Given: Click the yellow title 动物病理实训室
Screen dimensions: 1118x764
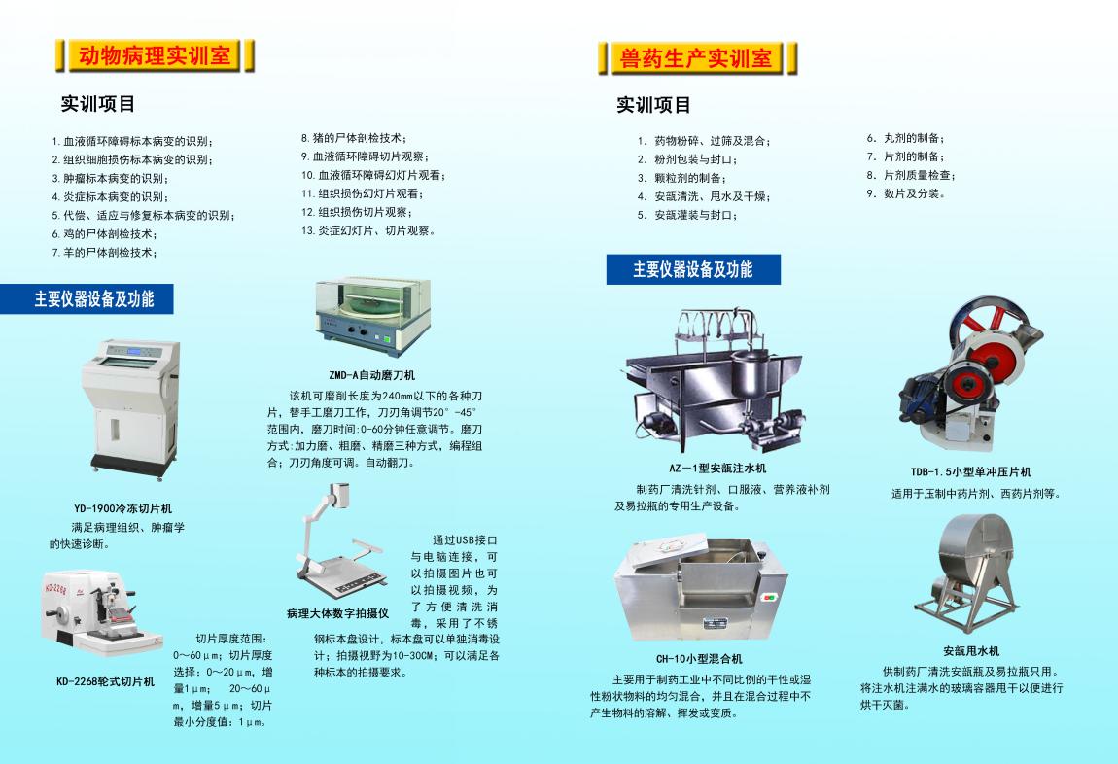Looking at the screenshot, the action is tap(155, 55).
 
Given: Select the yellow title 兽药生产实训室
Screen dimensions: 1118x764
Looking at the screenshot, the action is tap(697, 58).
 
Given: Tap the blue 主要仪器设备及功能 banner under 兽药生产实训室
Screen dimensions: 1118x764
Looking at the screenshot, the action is tap(693, 269).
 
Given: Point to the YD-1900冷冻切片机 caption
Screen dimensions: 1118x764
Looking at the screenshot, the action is tap(122, 509).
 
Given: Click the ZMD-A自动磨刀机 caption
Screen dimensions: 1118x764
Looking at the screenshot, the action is tap(371, 375).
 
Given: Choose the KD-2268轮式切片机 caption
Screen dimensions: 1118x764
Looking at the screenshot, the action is tap(106, 682).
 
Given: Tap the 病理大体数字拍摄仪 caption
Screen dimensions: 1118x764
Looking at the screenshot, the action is tap(338, 613).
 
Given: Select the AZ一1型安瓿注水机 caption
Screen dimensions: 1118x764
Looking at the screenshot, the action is tap(717, 469).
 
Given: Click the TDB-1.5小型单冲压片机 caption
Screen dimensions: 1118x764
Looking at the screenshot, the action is tap(970, 471).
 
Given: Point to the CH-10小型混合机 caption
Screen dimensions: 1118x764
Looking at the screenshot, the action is tap(699, 659).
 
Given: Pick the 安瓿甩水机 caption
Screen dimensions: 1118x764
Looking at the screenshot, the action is tap(971, 651).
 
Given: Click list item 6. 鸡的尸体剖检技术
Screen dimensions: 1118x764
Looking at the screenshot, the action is tap(104, 233).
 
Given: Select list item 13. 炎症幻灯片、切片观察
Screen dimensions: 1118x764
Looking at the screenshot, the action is tap(367, 231).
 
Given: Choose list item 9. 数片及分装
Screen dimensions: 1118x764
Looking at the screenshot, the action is tap(906, 193).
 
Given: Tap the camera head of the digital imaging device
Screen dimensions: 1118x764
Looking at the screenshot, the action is tap(339, 495).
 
